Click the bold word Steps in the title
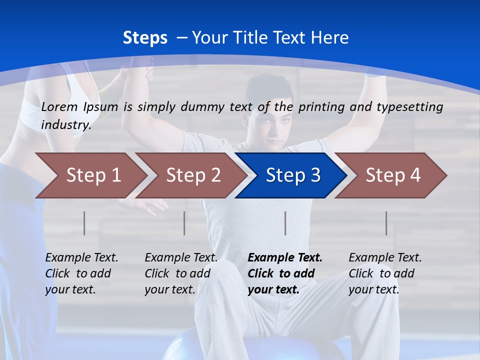coord(145,37)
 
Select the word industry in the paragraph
coord(65,124)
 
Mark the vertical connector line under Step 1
coord(84,223)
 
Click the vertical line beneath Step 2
coord(184,223)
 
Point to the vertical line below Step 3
coord(285,223)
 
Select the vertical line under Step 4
coord(386,223)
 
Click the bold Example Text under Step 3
coord(285,258)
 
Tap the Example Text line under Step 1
coord(81,258)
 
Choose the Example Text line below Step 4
coord(385,258)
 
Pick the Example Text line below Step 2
coord(181,258)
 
